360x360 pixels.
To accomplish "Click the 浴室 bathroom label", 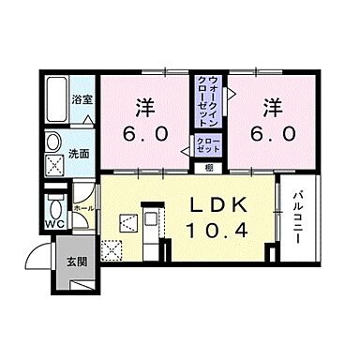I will pyautogui.click(x=83, y=98).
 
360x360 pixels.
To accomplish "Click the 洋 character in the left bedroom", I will pyautogui.click(x=145, y=106).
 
